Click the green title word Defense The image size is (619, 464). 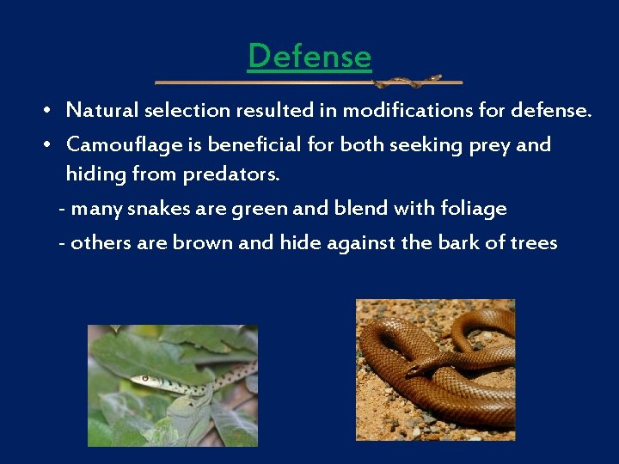point(309,57)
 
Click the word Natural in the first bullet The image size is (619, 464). point(102,111)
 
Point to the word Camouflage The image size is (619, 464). point(119,144)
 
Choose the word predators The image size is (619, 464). point(230,175)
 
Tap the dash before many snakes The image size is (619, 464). point(62,210)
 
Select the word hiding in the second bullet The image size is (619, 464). point(93,175)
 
